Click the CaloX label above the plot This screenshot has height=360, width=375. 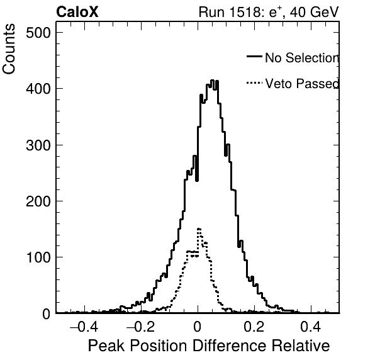77,12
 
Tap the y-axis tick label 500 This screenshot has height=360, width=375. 38,33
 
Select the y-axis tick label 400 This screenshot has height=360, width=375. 38,89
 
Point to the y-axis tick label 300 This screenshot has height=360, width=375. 38,145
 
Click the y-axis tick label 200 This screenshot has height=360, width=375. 38,201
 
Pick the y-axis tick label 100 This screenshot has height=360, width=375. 38,257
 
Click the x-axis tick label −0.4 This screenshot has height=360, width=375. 84,326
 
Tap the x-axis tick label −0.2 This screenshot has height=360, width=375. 140,326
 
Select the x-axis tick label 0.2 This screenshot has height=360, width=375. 254,326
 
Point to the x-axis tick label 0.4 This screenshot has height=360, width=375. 310,326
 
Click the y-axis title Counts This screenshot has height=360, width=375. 9,49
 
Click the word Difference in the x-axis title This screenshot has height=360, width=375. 229,346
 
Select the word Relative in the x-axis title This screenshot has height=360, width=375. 301,346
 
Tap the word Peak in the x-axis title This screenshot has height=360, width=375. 106,346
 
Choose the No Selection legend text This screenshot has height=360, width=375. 302,58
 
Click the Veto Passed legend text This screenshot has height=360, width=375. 302,84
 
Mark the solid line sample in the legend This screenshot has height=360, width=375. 254,56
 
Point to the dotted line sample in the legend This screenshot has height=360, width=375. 254,83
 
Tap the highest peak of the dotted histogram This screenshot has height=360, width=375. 199,229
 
